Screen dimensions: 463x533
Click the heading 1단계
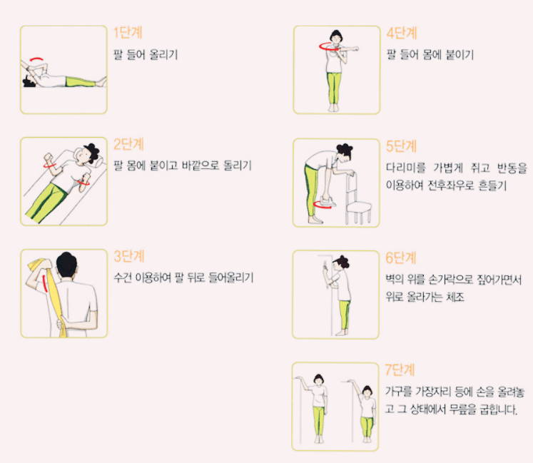[129, 33]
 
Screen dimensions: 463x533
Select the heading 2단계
[129, 144]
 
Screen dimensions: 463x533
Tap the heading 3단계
[129, 256]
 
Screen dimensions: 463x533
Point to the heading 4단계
[401, 33]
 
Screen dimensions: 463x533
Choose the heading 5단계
[401, 146]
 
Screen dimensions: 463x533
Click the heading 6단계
[401, 258]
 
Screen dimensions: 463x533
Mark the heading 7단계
[401, 370]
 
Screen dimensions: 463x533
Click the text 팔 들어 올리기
[146, 54]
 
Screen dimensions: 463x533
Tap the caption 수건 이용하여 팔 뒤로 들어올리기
[184, 278]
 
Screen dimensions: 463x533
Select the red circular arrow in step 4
[329, 46]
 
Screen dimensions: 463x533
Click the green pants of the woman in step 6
[344, 314]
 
